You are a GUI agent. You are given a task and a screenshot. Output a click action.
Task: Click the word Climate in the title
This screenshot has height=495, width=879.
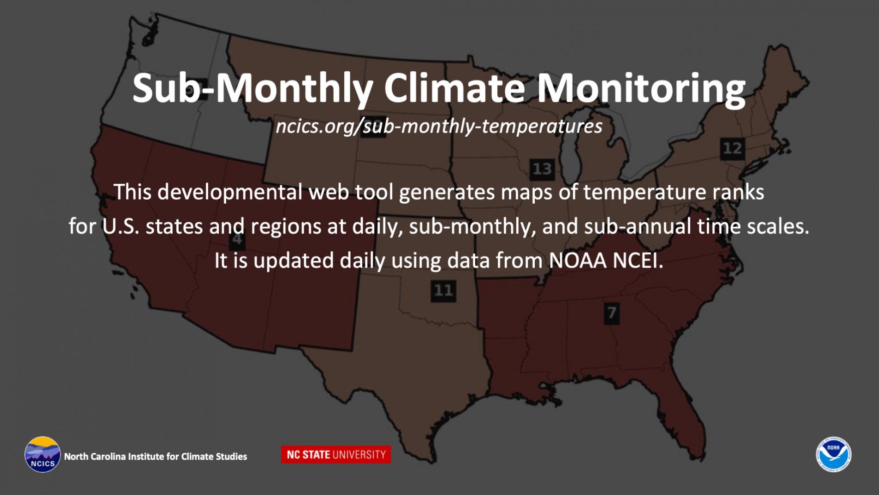coord(454,88)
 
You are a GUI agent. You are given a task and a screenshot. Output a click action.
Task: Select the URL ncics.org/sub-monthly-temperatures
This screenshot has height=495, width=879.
coord(439,126)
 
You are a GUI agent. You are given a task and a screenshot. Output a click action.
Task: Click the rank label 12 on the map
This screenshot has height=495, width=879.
coord(732,148)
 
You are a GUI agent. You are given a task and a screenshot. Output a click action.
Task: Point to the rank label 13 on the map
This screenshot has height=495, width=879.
coord(542,169)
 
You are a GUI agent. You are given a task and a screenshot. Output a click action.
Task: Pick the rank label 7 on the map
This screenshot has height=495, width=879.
coord(611,313)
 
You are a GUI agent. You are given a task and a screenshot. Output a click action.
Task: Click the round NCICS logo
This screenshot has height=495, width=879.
coord(43,454)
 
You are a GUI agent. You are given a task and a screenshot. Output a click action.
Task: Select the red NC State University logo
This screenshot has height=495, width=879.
coord(336,454)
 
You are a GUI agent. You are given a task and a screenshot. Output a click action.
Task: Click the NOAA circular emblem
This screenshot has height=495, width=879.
coord(834,454)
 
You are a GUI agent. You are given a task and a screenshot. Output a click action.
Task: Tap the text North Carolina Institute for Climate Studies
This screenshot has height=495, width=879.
coord(155,457)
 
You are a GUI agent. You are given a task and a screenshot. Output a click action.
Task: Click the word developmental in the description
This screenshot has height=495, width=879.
coord(230,192)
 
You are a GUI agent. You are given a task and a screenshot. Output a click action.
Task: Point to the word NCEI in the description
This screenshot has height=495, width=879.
coord(638,260)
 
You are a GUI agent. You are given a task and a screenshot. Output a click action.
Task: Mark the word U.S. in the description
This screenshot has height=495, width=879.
coord(120,226)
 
